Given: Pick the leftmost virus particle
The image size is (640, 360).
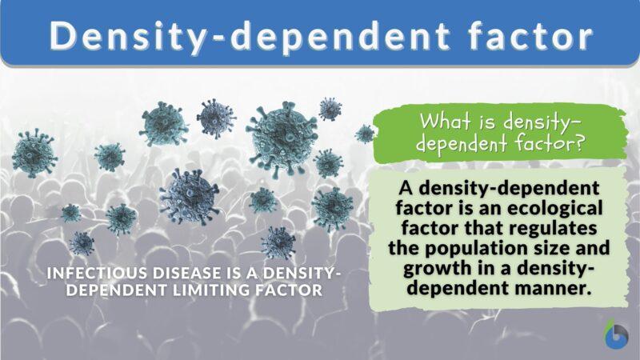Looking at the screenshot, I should click(x=34, y=153).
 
